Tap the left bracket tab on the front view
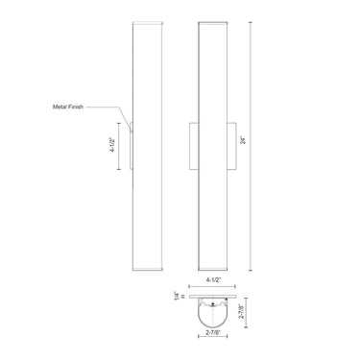pos(195,144)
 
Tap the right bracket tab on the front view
pos(232,144)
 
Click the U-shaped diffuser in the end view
pos(214,317)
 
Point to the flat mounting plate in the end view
pos(214,297)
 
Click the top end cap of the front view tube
pos(214,21)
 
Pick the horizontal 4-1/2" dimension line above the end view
pos(214,287)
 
